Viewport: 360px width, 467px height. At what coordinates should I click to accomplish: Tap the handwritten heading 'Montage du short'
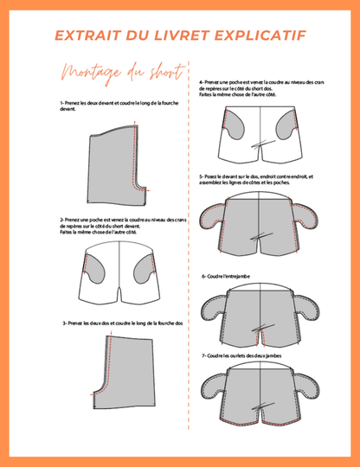tap(119, 72)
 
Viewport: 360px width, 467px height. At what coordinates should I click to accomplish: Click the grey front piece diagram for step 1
tap(114, 160)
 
